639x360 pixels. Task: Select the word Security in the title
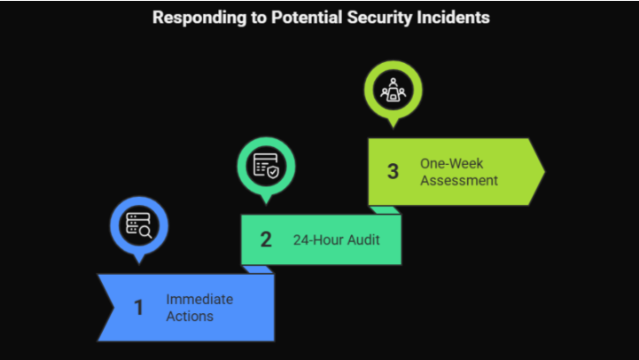point(371,17)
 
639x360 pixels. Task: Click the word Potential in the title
point(292,17)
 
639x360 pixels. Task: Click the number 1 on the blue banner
point(138,308)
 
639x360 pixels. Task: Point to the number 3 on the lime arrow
point(393,171)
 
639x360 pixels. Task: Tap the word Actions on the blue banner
point(190,316)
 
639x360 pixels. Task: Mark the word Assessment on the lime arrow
point(459,180)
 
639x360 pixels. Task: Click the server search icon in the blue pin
point(138,225)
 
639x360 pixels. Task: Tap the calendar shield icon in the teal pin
point(266,165)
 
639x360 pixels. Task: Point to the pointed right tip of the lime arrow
point(542,171)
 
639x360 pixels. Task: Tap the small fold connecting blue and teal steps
point(258,269)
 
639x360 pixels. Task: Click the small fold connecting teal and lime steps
point(385,210)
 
